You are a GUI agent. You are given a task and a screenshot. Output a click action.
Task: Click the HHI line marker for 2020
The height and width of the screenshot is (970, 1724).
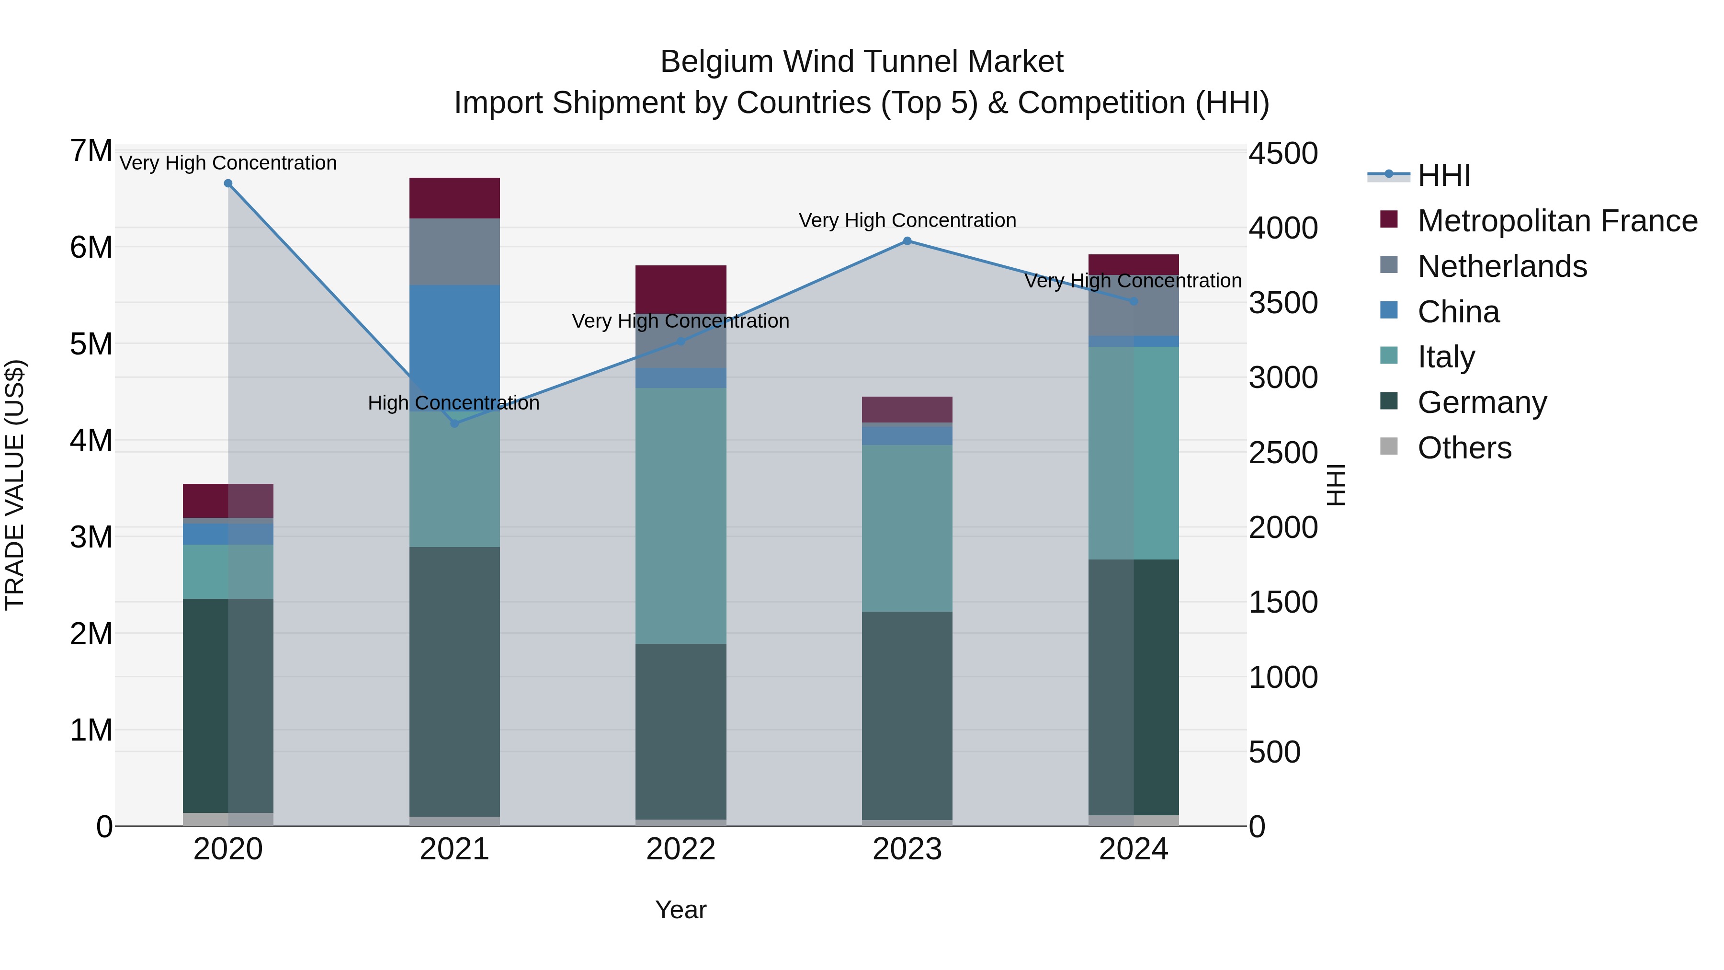pyautogui.click(x=228, y=183)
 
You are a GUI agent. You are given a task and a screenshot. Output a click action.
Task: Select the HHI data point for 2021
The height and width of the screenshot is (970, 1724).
pyautogui.click(x=454, y=423)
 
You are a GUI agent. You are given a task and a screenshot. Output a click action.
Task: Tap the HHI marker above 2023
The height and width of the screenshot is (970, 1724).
pyautogui.click(x=907, y=241)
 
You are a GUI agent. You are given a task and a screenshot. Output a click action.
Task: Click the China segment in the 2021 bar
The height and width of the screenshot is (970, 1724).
pyautogui.click(x=454, y=335)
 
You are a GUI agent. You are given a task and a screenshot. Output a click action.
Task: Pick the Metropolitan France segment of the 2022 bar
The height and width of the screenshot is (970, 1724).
pyautogui.click(x=681, y=289)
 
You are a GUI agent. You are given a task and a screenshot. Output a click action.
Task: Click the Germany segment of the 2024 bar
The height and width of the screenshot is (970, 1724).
pyautogui.click(x=1133, y=686)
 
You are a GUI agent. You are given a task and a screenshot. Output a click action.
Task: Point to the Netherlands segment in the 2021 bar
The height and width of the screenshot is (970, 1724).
pyautogui.click(x=454, y=251)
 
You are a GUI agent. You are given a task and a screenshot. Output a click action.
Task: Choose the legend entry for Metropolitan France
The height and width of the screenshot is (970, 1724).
pyautogui.click(x=1557, y=221)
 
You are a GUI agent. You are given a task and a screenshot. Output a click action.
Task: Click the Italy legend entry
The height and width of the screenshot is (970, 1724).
pyautogui.click(x=1446, y=357)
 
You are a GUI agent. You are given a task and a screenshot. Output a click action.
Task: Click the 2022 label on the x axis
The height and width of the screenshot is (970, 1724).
pyautogui.click(x=681, y=849)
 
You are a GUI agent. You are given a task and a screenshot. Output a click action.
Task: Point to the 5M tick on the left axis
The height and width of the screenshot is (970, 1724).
pyautogui.click(x=91, y=344)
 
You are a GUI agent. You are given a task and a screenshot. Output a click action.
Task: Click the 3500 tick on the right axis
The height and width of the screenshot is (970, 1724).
pyautogui.click(x=1283, y=303)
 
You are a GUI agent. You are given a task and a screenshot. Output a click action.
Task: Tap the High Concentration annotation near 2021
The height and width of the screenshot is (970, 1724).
pyautogui.click(x=454, y=403)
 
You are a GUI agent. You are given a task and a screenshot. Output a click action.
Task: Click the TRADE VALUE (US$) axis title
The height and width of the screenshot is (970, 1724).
pyautogui.click(x=15, y=485)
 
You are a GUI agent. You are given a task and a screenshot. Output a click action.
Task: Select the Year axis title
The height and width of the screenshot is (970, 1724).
pyautogui.click(x=681, y=910)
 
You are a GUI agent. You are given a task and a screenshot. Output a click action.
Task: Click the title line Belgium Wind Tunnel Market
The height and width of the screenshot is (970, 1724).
pyautogui.click(x=862, y=62)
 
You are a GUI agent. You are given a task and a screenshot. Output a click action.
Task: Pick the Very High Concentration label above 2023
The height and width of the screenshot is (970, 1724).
pyautogui.click(x=907, y=220)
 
